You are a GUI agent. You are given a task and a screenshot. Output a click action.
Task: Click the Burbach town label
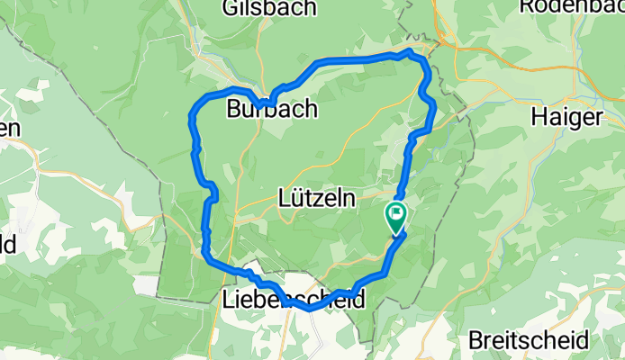[272, 110]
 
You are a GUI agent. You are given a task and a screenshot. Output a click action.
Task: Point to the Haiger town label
[566, 116]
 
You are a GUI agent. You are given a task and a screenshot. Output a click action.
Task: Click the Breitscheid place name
[530, 342]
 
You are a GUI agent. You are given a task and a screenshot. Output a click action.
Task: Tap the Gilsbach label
[267, 8]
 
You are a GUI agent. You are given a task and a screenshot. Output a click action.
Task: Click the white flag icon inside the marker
[396, 214]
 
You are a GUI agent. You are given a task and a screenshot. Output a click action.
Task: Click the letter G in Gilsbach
[231, 8]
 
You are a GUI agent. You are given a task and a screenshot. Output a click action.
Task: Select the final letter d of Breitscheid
[584, 342]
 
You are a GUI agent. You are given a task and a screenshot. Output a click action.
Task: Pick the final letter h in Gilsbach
[309, 8]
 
